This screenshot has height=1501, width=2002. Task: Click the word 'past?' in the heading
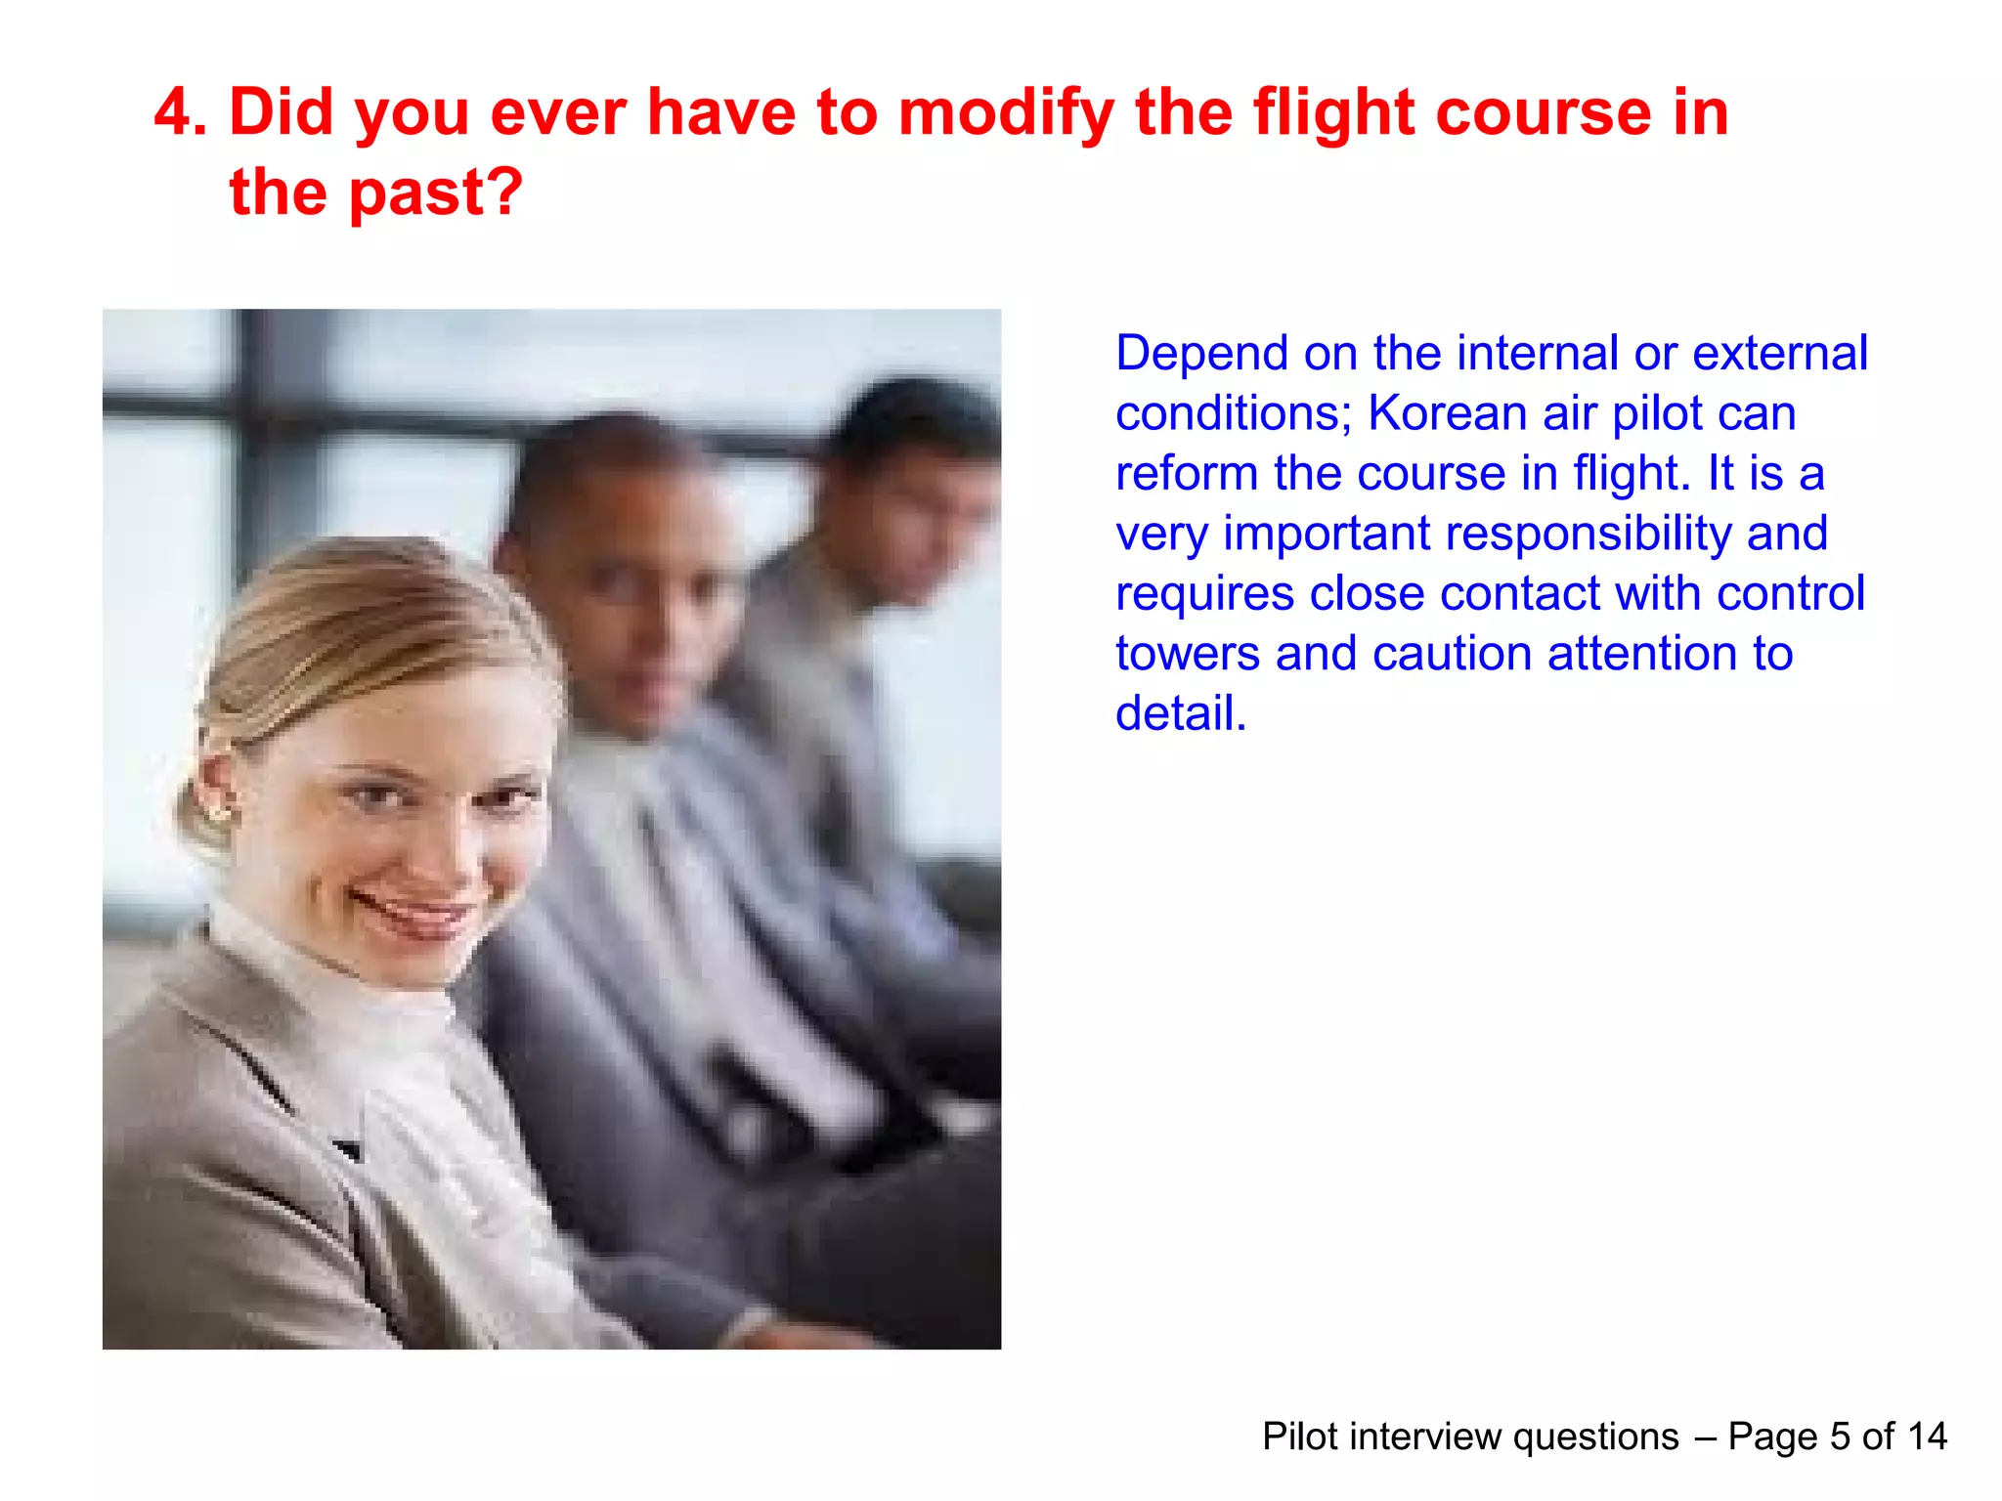click(x=436, y=193)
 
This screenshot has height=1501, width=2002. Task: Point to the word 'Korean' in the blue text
click(x=1447, y=413)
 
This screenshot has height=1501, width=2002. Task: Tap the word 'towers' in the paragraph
click(x=1187, y=654)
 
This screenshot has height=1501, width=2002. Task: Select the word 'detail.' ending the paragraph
click(x=1181, y=713)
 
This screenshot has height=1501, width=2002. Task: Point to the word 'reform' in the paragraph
click(x=1187, y=474)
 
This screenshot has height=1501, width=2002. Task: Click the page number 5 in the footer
click(x=1840, y=1437)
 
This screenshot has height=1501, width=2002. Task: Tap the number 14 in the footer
click(x=1927, y=1437)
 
